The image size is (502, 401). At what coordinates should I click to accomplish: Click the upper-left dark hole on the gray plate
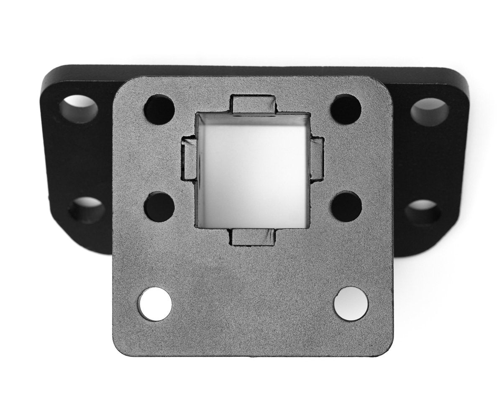click(159, 109)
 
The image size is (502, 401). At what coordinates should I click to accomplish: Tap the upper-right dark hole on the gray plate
click(346, 109)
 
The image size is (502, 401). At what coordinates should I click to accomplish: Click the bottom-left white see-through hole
click(155, 304)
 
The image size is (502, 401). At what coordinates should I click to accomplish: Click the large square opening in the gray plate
click(253, 170)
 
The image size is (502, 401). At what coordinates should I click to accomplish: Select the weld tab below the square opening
click(254, 237)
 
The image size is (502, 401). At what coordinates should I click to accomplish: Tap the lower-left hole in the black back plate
click(87, 210)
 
